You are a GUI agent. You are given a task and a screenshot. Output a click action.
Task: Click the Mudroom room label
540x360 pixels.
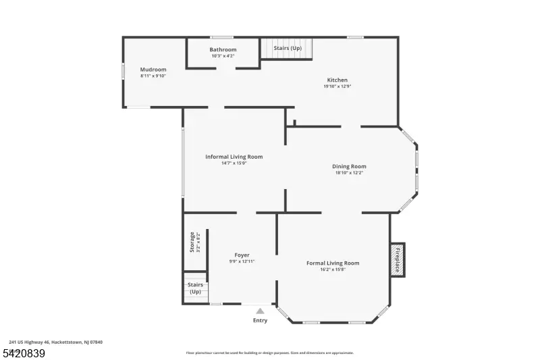(x=153, y=70)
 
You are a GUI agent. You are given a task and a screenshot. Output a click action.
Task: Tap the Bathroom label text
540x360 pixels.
(x=223, y=49)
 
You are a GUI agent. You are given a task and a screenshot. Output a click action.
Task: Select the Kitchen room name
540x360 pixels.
(x=337, y=80)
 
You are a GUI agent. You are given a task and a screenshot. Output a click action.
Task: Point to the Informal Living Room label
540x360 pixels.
(x=234, y=157)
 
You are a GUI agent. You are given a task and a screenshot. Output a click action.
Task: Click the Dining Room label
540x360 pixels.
(x=349, y=166)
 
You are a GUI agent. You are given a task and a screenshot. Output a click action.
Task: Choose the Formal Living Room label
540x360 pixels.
(x=333, y=263)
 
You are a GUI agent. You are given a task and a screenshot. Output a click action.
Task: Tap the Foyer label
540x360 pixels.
(x=242, y=255)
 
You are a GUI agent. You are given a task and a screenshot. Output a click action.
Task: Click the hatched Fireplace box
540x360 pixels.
(x=397, y=260)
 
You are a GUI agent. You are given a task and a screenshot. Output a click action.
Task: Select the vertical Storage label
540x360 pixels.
(x=192, y=242)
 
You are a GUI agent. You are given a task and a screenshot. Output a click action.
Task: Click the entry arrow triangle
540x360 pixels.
(x=260, y=311)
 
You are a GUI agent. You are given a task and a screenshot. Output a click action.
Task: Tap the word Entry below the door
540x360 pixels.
(x=260, y=320)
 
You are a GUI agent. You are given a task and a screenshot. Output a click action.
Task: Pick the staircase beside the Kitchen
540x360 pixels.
(x=288, y=49)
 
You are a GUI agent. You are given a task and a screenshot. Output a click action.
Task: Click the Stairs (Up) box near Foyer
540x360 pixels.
(x=195, y=288)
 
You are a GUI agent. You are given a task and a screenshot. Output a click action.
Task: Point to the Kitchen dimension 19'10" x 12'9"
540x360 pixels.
(x=337, y=86)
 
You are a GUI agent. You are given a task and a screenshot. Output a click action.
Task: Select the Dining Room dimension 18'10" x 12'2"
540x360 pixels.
(x=349, y=173)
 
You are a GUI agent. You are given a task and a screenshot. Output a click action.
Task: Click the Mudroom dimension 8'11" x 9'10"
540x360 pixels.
(x=153, y=76)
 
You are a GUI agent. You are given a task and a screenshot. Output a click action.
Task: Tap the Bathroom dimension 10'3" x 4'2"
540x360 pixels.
(x=223, y=55)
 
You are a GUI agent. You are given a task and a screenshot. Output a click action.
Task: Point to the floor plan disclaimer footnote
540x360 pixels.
(x=270, y=353)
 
